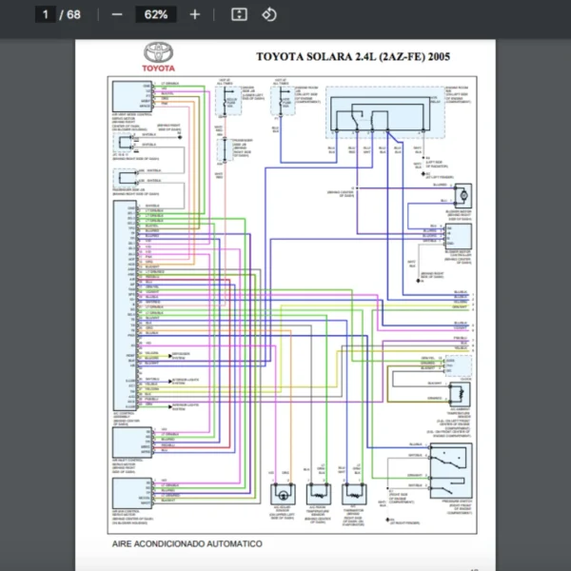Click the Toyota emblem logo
click(x=158, y=54)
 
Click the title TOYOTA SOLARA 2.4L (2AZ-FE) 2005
click(x=353, y=56)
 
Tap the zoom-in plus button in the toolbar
click(x=195, y=14)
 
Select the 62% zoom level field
click(x=156, y=14)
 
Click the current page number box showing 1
click(x=45, y=14)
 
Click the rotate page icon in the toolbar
click(x=269, y=14)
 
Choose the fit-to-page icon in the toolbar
click(x=240, y=14)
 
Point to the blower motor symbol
click(x=464, y=194)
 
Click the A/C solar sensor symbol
click(x=282, y=495)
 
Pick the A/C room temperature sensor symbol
click(x=317, y=495)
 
